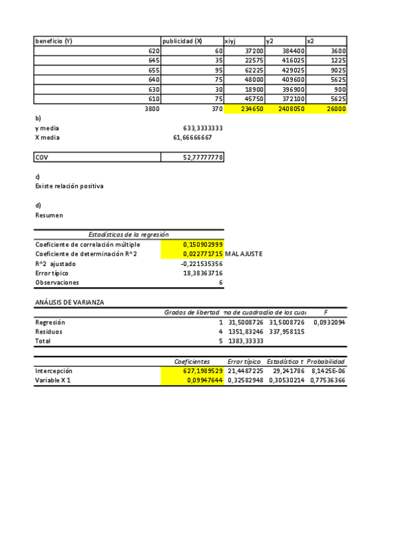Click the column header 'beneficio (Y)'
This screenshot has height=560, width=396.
click(54, 41)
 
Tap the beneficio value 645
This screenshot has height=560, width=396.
click(153, 60)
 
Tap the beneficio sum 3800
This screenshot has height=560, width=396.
click(152, 108)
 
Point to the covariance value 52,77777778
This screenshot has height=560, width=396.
click(203, 157)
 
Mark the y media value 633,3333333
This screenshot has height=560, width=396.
click(203, 128)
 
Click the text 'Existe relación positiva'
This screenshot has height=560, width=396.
click(69, 186)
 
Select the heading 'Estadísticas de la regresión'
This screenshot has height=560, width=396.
click(128, 234)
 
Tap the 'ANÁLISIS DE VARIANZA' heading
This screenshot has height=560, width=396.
click(69, 302)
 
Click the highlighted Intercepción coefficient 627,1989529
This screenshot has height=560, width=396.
click(203, 371)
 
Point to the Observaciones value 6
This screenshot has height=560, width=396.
click(221, 282)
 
